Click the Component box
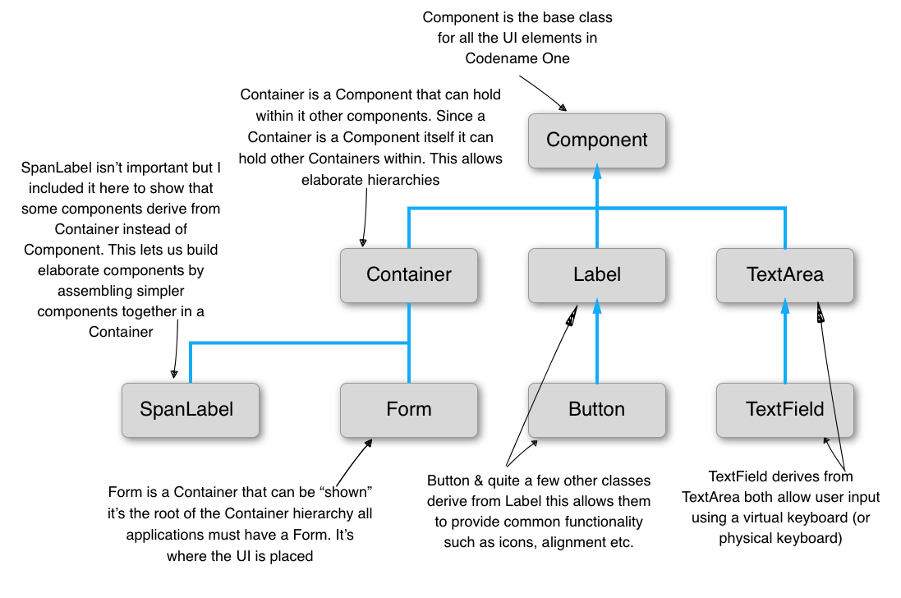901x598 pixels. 596,140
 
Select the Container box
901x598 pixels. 408,275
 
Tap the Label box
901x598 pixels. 596,275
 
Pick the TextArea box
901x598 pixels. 784,275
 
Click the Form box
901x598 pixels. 408,410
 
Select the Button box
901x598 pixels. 596,410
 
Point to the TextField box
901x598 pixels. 784,410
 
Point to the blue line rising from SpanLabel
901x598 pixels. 191,363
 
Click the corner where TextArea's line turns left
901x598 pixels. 784,209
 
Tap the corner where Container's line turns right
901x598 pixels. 409,209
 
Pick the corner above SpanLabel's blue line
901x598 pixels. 191,343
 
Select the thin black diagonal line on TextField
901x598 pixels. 834,410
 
